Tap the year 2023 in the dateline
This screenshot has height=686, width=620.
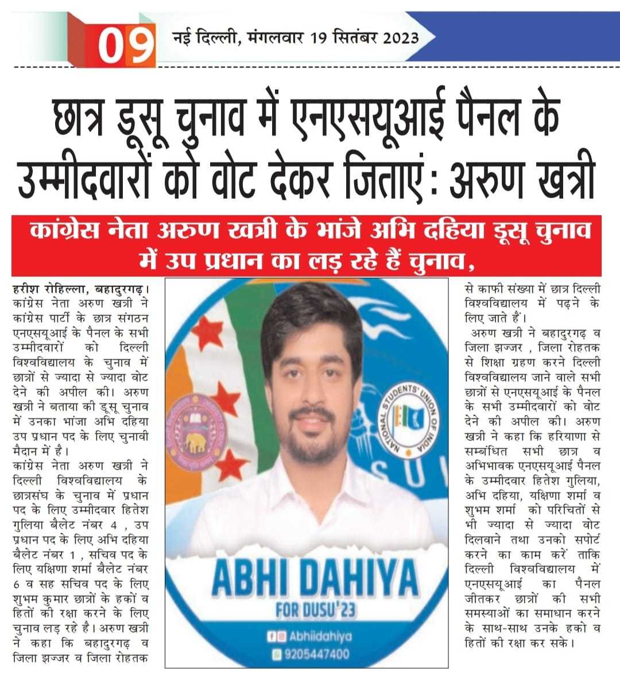[397, 39]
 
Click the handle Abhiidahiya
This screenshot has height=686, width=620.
[319, 636]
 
